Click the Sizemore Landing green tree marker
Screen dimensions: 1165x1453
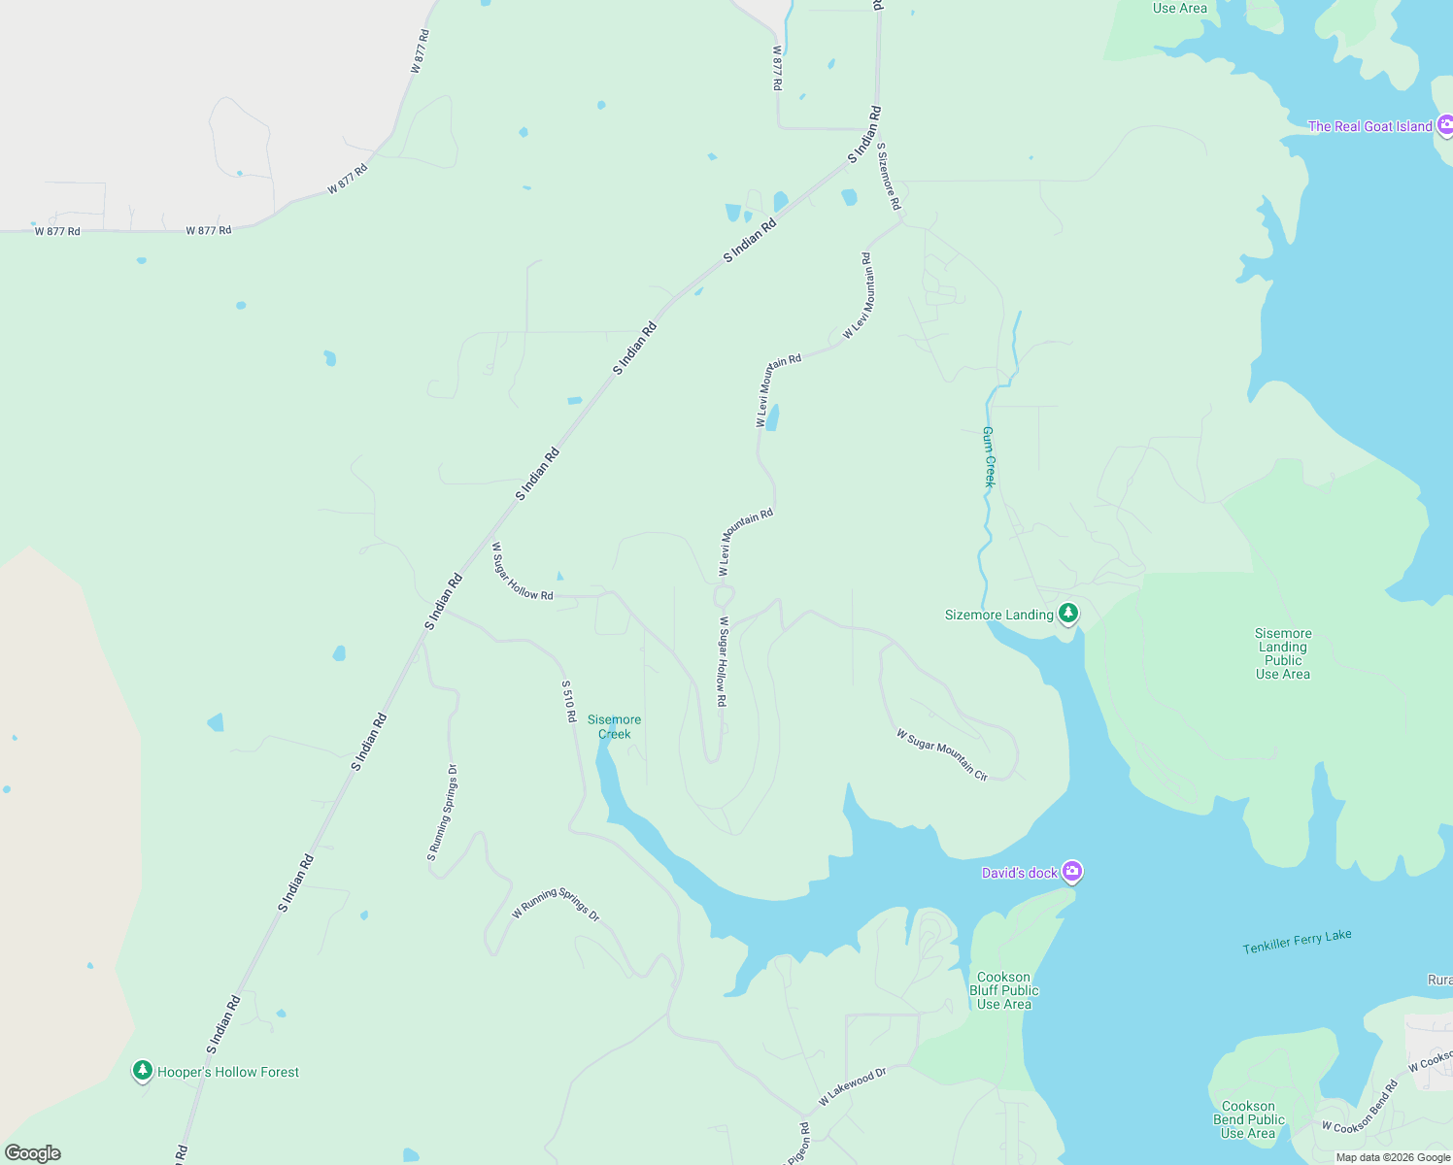click(x=1068, y=613)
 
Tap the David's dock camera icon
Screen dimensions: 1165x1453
click(x=1071, y=871)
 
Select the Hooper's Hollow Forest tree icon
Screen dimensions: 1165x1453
click(x=143, y=1070)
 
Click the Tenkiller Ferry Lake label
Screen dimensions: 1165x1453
click(x=1297, y=941)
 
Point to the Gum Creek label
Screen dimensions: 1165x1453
click(x=989, y=456)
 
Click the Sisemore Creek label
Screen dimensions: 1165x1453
click(x=614, y=726)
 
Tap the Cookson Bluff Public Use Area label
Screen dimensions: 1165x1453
click(x=1004, y=990)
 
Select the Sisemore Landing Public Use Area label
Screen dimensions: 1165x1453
click(x=1282, y=653)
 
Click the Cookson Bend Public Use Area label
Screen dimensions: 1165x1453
click(x=1248, y=1119)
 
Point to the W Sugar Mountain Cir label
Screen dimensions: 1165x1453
click(x=941, y=755)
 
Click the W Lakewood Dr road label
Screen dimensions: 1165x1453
click(x=852, y=1086)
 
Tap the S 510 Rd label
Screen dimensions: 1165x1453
click(x=569, y=701)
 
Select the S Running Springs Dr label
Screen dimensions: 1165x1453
click(x=442, y=813)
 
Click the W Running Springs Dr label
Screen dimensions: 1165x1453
click(x=556, y=903)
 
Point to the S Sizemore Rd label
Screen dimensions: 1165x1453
click(x=889, y=177)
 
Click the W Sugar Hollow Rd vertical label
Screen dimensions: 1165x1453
click(x=722, y=661)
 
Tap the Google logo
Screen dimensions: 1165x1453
click(x=33, y=1153)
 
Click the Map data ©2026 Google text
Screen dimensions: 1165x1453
click(x=1393, y=1157)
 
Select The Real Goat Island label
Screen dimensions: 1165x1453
click(x=1369, y=126)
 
